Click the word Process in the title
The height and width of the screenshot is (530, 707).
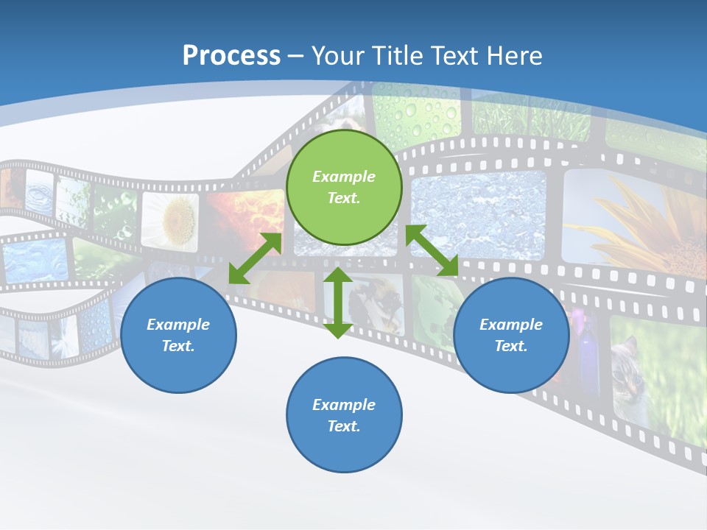(231, 56)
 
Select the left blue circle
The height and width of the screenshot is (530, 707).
(178, 335)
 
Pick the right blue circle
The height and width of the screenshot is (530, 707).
(511, 335)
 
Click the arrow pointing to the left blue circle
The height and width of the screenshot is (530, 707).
(255, 258)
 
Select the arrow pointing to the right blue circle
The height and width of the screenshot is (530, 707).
(432, 251)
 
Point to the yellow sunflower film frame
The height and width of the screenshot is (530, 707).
(633, 221)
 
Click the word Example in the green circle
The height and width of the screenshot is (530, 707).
(344, 177)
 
